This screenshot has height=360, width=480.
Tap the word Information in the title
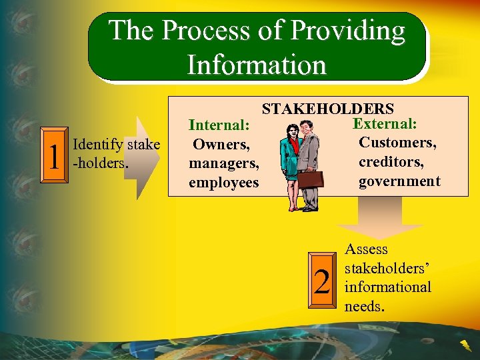(x=257, y=65)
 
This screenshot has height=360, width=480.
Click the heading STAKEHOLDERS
(x=327, y=109)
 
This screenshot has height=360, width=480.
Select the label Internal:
(x=219, y=125)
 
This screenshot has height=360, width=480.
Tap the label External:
(x=385, y=124)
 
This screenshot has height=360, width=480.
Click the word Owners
(x=221, y=144)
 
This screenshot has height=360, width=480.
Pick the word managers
(x=223, y=163)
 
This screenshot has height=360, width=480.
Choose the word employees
(x=223, y=182)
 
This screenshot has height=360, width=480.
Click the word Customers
(x=397, y=142)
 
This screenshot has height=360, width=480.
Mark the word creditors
(x=391, y=161)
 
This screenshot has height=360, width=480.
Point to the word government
(x=399, y=181)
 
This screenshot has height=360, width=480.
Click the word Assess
(x=366, y=249)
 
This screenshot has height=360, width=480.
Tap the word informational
(x=387, y=287)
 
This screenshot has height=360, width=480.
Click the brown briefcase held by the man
(x=310, y=179)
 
